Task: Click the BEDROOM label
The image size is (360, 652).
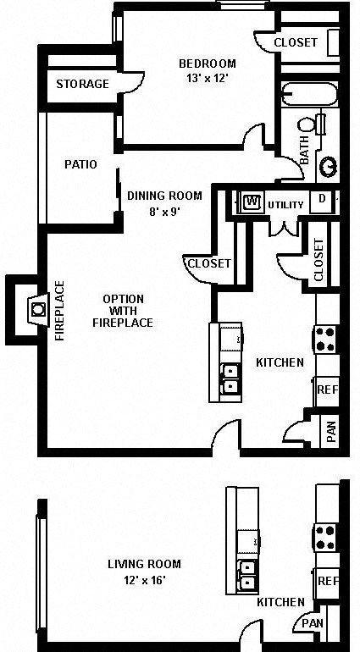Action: click(x=207, y=64)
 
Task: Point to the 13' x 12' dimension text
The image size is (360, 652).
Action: click(x=207, y=79)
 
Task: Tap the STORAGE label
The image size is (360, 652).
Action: click(x=82, y=84)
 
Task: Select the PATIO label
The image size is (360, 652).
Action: click(x=80, y=164)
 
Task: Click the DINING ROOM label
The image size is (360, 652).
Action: click(x=164, y=196)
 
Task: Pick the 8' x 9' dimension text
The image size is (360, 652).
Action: click(x=164, y=211)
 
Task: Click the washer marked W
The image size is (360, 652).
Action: click(x=251, y=202)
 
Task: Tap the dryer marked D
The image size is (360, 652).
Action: click(x=322, y=201)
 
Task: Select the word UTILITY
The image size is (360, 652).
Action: click(x=285, y=205)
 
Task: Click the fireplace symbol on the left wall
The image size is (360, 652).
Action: click(x=36, y=309)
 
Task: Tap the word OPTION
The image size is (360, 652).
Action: click(x=123, y=298)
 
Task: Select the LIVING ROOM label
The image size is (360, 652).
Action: click(x=144, y=564)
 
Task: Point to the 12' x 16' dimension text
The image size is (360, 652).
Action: click(x=144, y=580)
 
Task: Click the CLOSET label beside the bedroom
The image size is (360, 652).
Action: click(x=296, y=42)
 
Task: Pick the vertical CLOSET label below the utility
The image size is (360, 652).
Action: click(x=318, y=260)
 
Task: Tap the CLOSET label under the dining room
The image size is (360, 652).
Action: click(x=208, y=263)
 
